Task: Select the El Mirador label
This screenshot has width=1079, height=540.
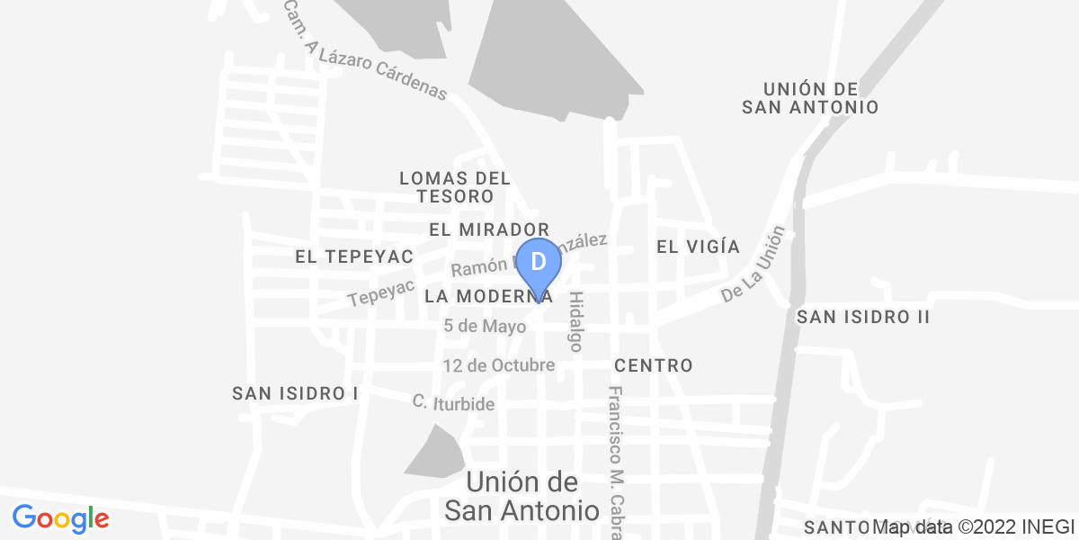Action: pyautogui.click(x=488, y=229)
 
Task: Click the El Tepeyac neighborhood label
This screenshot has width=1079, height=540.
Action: pyautogui.click(x=353, y=257)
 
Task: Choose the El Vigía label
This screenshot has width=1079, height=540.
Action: pyautogui.click(x=698, y=247)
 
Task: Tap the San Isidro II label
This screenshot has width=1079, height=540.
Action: pyautogui.click(x=862, y=317)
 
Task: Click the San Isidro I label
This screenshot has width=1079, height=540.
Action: pyautogui.click(x=295, y=393)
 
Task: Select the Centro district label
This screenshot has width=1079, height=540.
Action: pyautogui.click(x=654, y=365)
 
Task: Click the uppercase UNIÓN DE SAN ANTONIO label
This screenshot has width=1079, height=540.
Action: pyautogui.click(x=809, y=98)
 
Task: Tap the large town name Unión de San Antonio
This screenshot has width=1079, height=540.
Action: pyautogui.click(x=522, y=496)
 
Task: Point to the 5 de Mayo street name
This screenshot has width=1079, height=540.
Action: pyautogui.click(x=485, y=327)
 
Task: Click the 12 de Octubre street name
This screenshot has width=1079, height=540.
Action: pyautogui.click(x=498, y=365)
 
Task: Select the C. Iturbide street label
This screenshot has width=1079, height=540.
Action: pyautogui.click(x=453, y=404)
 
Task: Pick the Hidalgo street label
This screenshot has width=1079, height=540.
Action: pyautogui.click(x=576, y=320)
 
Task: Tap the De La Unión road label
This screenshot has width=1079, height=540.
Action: pyautogui.click(x=754, y=264)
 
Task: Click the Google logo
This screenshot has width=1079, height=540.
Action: pyautogui.click(x=60, y=518)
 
